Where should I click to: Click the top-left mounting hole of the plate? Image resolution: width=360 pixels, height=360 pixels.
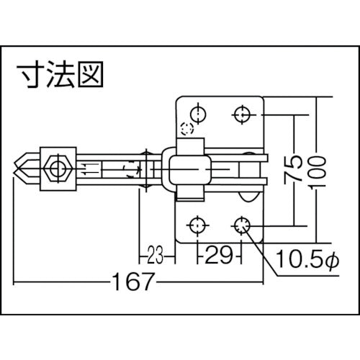pyautogui.click(x=196, y=114)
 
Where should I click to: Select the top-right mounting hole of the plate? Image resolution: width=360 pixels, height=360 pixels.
pyautogui.click(x=243, y=114)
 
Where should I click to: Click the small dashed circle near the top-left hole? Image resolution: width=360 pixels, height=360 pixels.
pyautogui.click(x=187, y=130)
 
